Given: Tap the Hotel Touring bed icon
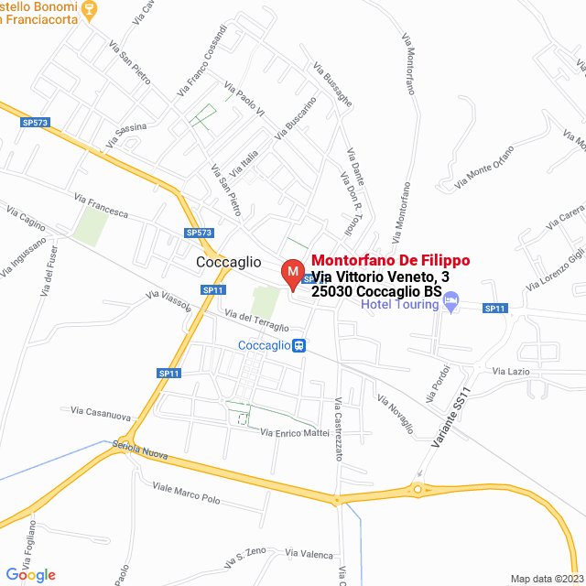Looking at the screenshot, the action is click(x=450, y=304).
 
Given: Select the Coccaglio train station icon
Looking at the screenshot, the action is click(x=298, y=345).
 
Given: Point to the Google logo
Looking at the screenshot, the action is click(x=30, y=574).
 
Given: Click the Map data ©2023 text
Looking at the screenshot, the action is click(x=546, y=578).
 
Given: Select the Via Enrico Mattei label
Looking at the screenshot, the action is click(x=294, y=432).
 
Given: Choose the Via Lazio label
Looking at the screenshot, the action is click(x=511, y=371).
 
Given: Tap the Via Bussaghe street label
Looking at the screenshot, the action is click(x=331, y=85).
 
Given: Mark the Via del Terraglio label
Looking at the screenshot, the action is click(x=257, y=320).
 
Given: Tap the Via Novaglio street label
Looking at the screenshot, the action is click(x=396, y=414).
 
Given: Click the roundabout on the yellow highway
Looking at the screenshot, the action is click(x=423, y=490).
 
